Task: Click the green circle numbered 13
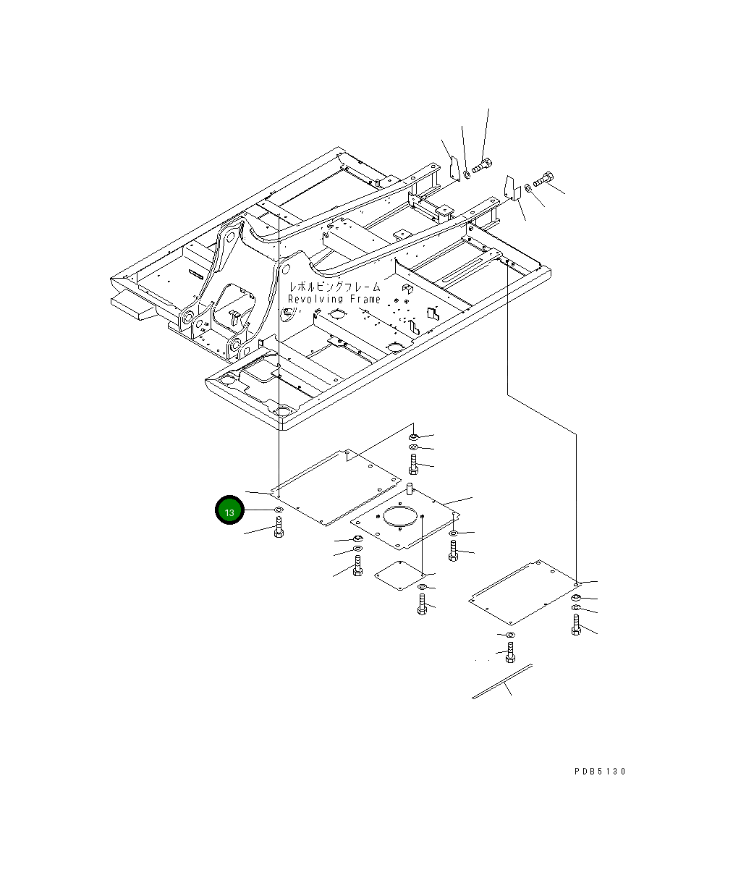click(229, 511)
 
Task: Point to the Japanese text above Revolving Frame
click(334, 287)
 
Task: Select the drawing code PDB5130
click(600, 772)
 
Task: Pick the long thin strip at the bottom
click(502, 681)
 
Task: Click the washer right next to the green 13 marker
click(279, 511)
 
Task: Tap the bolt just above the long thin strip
click(509, 654)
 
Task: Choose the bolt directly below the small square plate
click(422, 604)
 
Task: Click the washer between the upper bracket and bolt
click(467, 172)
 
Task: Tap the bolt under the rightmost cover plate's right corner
click(576, 625)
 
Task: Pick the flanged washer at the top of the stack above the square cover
click(412, 436)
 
